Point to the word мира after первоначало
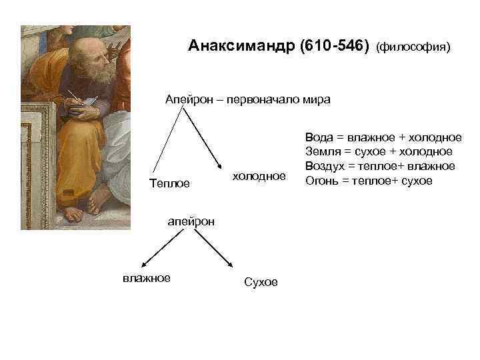point(317,99)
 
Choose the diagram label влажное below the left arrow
point(146,277)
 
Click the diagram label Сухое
point(261,282)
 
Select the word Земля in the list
point(321,152)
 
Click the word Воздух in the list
point(325,166)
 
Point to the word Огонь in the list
point(321,181)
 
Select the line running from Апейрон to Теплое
point(167,140)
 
